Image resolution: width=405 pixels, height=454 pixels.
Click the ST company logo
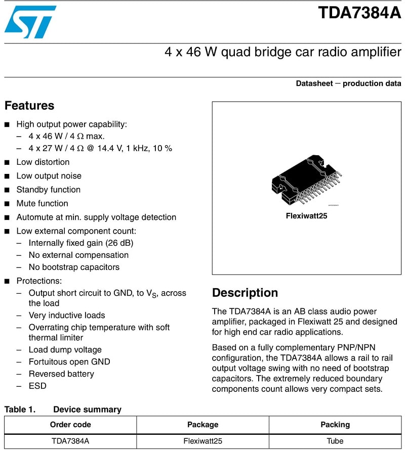coord(30,22)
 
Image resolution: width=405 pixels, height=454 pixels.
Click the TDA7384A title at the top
coord(359,13)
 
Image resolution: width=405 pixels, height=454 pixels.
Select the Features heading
coord(29,106)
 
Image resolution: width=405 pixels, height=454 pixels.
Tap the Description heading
coord(245,293)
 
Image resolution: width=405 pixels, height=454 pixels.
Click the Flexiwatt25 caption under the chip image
coord(306,216)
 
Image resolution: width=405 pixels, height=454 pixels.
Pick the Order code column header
coord(70,425)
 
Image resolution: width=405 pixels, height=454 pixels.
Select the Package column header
coord(202,425)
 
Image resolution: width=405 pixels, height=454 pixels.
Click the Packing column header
coord(335,425)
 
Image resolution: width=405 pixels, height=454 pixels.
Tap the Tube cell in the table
coord(335,441)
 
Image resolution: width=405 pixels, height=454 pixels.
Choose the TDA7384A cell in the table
coord(70,441)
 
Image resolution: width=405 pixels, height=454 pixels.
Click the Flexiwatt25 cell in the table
coord(202,441)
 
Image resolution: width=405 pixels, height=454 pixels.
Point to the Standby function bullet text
coord(49,190)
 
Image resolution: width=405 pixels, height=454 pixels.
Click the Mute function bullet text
coord(42,203)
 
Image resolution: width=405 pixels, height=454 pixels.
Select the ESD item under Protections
coord(37,386)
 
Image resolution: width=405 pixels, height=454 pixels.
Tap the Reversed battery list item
coord(61,374)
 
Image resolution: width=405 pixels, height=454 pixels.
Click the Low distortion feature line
coord(43,162)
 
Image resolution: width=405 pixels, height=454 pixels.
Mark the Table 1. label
coord(20,410)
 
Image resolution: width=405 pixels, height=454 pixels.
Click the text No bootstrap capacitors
coord(74,267)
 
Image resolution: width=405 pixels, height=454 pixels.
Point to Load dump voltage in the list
coord(65,349)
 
